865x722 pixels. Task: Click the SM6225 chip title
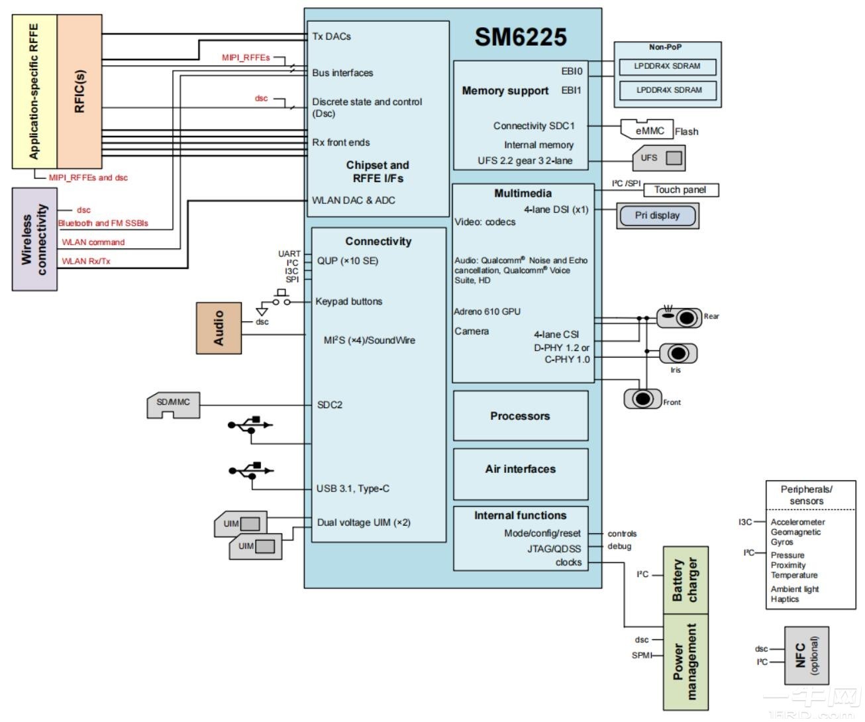(x=520, y=37)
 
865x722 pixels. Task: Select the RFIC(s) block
(x=79, y=91)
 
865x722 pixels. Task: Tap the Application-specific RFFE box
(x=34, y=91)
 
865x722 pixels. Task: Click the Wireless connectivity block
(x=34, y=239)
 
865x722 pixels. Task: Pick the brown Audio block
(x=219, y=328)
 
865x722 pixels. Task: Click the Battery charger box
(x=686, y=580)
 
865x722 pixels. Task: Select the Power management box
(x=686, y=661)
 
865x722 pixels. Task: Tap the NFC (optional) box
(x=806, y=655)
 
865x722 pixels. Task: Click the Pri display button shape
(x=657, y=215)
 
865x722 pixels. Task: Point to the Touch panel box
(x=680, y=190)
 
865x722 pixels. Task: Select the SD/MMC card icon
(x=173, y=405)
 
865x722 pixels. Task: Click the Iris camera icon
(x=678, y=353)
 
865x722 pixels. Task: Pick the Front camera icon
(x=642, y=399)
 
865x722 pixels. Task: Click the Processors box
(x=520, y=416)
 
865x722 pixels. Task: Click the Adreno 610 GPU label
(x=487, y=311)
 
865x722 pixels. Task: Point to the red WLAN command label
(x=93, y=242)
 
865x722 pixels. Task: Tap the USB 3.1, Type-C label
(x=352, y=489)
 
